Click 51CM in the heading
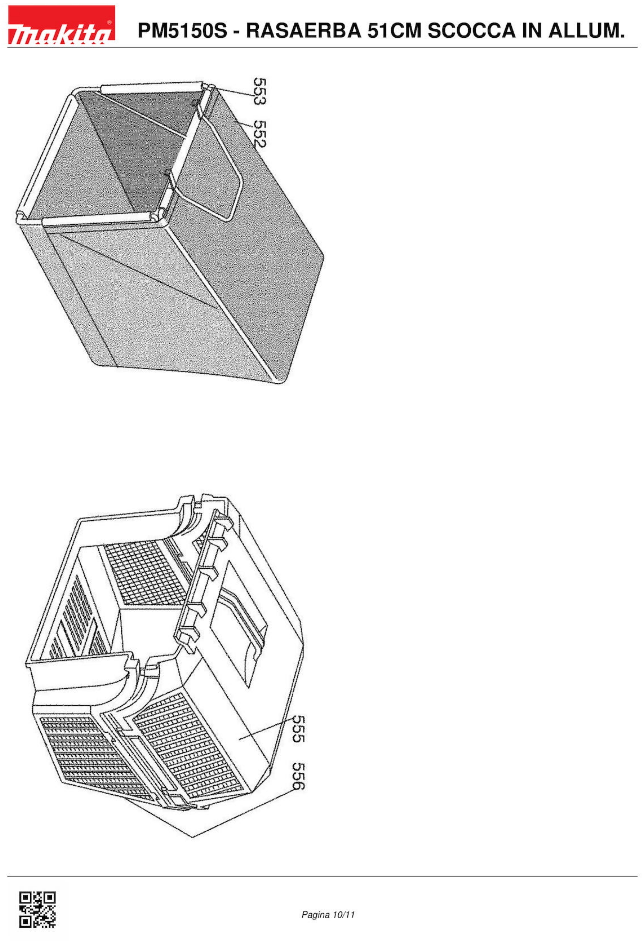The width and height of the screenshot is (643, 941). [x=394, y=31]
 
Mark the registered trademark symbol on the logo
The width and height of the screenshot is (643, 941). [x=109, y=22]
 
